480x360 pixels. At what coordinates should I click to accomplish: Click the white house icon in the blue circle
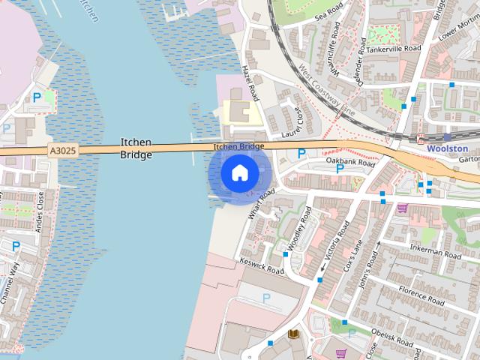pos(239,173)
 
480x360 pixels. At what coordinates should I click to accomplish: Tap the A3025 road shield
pos(62,151)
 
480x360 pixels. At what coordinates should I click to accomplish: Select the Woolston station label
pos(447,149)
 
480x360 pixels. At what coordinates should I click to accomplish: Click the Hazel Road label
pos(250,82)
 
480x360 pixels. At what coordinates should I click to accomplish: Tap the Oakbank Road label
pos(351,161)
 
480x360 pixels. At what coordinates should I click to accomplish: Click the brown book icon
pos(293,334)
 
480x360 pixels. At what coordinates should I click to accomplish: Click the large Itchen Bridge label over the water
pos(136,148)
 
